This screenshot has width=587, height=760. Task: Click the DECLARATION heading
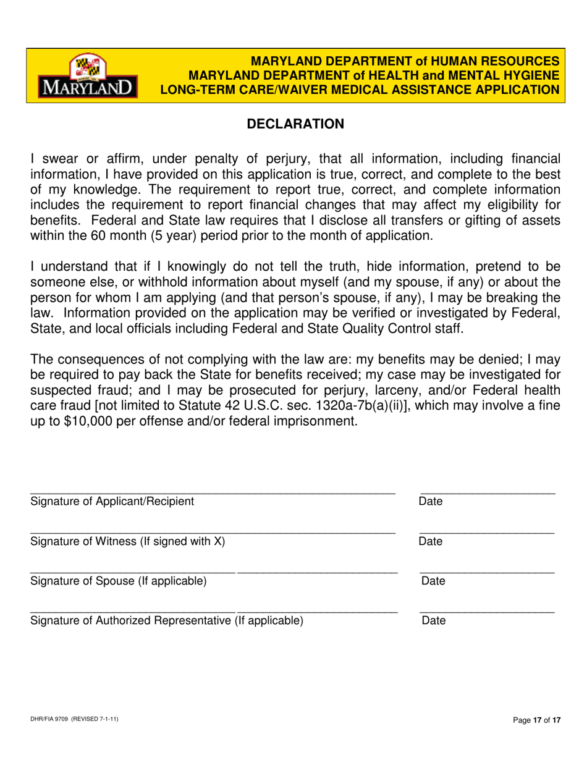tap(295, 124)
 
